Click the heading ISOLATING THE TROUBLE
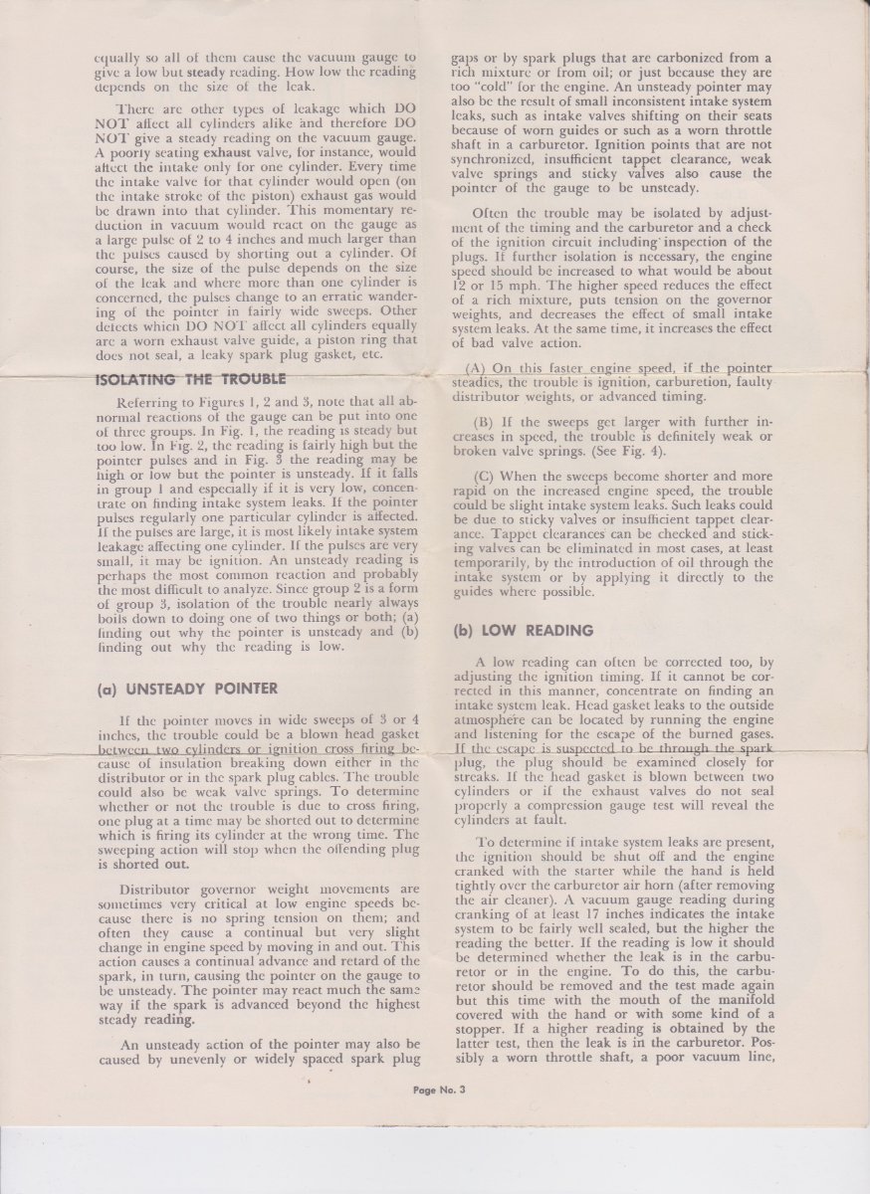(190, 378)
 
